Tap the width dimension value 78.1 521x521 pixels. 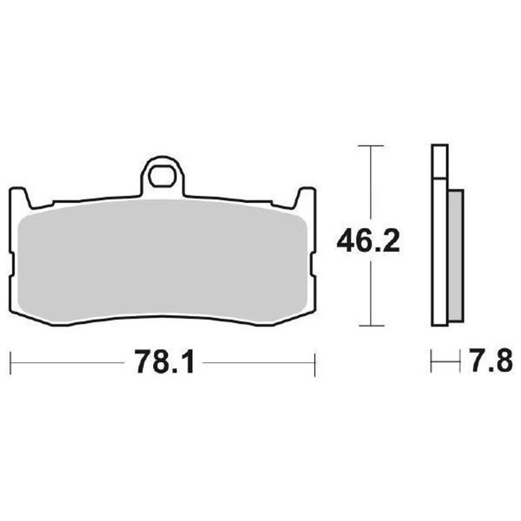(x=165, y=362)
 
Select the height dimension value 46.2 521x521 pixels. (x=368, y=243)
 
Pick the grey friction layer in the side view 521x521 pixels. (x=456, y=254)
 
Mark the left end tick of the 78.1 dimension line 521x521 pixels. (x=10, y=363)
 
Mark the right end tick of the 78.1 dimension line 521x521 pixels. (x=315, y=363)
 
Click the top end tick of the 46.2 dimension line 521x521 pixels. (x=370, y=145)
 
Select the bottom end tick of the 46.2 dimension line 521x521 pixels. (x=370, y=325)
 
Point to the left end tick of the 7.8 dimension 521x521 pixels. (x=431, y=363)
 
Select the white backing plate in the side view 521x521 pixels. (x=440, y=260)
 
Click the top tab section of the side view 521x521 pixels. (x=440, y=160)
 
